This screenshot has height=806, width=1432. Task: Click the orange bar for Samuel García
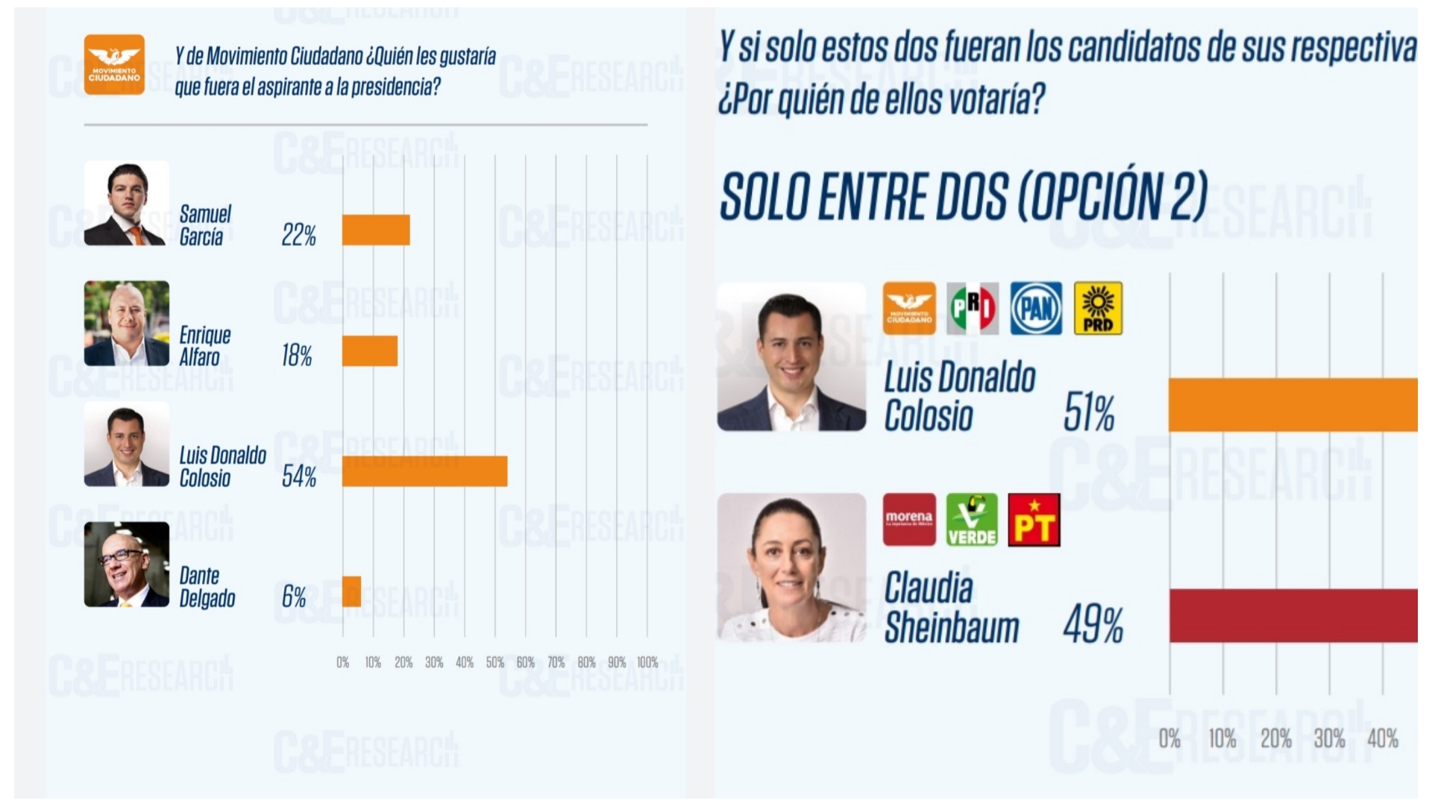[x=376, y=230]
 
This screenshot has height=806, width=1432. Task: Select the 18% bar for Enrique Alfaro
[x=370, y=351]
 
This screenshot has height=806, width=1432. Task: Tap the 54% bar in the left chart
[x=424, y=471]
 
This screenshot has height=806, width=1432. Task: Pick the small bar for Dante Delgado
[x=352, y=591]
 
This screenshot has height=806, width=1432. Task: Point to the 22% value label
[x=298, y=236]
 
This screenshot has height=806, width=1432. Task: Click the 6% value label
[x=294, y=596]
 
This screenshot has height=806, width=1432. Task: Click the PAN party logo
[x=1036, y=308]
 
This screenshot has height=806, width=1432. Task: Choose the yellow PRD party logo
[x=1098, y=308]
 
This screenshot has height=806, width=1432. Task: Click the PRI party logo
[x=973, y=308]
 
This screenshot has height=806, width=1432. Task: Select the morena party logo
[x=909, y=520]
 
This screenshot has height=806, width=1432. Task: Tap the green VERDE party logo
[x=972, y=520]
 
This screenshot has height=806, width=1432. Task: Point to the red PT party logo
[x=1034, y=520]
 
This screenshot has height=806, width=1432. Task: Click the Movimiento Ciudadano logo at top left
[x=114, y=65]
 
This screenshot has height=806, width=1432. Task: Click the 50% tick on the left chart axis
[x=494, y=662]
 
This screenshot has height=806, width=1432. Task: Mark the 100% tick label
[x=647, y=662]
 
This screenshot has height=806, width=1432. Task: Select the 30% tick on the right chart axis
[x=1329, y=739]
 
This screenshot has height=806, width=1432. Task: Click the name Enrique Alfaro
[x=204, y=346]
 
